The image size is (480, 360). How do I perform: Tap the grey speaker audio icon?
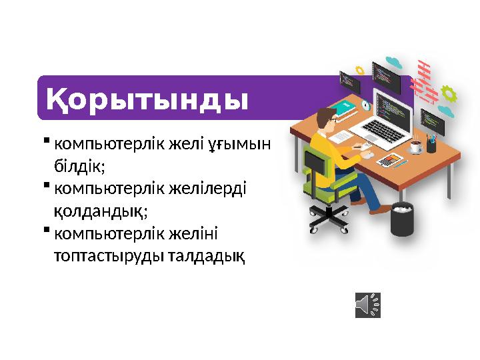coord(367,305)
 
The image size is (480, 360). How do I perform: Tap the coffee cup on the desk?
coord(416,146)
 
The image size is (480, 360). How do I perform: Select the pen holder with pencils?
coord(431,142)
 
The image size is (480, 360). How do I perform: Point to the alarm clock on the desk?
coord(365,105)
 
